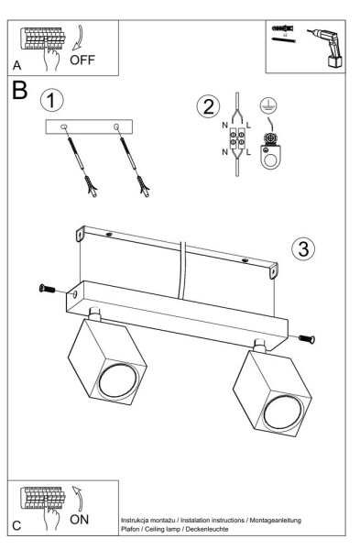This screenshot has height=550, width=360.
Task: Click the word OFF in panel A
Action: [x=82, y=60]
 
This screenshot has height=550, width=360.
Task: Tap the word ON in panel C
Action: [x=79, y=520]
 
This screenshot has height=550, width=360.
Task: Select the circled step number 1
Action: [x=52, y=100]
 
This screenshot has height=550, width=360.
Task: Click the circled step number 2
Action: [x=208, y=106]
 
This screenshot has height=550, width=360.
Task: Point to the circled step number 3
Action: [x=303, y=248]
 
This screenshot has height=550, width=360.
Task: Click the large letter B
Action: [x=19, y=90]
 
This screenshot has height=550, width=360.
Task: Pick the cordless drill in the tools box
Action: [x=326, y=48]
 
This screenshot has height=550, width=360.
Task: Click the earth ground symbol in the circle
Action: [x=268, y=105]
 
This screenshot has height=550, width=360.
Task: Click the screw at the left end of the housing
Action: [x=48, y=289]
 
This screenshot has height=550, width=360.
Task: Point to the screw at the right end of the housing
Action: [x=307, y=339]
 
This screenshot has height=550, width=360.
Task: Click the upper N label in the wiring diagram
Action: [x=224, y=125]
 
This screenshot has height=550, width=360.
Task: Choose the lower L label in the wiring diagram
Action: [x=248, y=152]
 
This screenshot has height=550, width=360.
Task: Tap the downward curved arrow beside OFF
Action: [x=79, y=38]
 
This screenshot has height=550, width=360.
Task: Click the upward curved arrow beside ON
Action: [x=78, y=498]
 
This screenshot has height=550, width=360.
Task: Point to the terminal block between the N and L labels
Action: [x=236, y=139]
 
